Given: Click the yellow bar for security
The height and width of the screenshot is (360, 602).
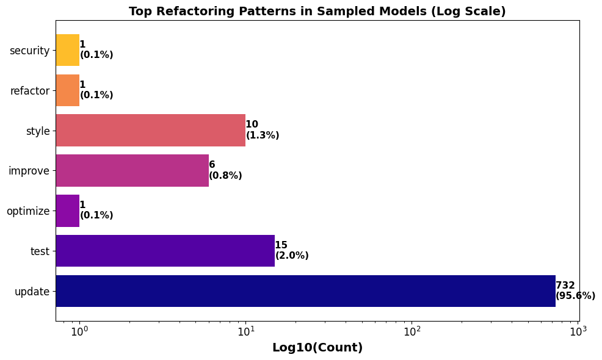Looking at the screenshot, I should [x=68, y=50].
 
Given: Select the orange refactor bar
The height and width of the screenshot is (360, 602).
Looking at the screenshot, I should [x=68, y=90].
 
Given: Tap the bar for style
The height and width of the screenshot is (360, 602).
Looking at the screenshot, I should [x=150, y=131].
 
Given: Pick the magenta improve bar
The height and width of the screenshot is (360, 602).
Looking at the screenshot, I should [x=132, y=171].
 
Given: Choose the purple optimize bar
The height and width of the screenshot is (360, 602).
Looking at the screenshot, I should [x=68, y=211].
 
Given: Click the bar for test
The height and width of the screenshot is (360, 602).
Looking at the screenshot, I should [x=165, y=251].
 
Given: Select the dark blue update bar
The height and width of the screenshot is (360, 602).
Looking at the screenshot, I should [x=305, y=291].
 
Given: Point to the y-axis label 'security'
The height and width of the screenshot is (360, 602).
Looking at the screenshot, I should [x=29, y=51].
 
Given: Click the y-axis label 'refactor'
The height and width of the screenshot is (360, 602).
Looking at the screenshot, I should [x=30, y=91].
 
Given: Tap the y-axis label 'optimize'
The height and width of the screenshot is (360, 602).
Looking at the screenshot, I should [x=28, y=211].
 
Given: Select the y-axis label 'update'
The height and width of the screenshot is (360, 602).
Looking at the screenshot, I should [x=32, y=292].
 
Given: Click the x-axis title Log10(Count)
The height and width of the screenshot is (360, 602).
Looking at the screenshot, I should [x=317, y=348].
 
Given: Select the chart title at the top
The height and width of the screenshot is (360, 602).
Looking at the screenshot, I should [x=317, y=12].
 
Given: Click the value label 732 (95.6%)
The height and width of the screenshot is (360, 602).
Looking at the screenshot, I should [x=575, y=291].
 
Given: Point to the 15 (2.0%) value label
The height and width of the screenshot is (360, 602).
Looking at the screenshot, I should [x=292, y=251].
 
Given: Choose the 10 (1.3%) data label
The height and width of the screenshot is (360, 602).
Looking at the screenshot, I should [x=263, y=130].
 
